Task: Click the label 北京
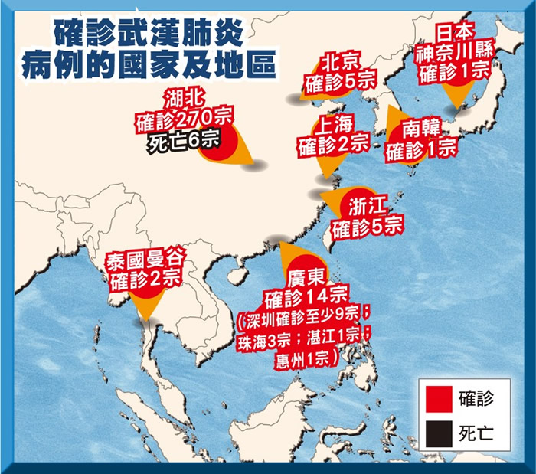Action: coord(340,61)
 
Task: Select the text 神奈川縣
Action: coord(456,54)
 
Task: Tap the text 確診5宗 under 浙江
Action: coord(367,225)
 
